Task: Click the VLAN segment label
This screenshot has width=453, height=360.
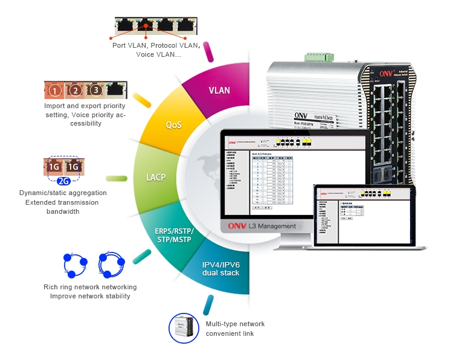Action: coord(219,91)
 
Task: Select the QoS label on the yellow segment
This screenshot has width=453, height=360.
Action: coord(173,125)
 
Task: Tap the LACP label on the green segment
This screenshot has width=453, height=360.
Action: coord(156,178)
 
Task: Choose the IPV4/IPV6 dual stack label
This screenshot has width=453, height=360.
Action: coord(220,269)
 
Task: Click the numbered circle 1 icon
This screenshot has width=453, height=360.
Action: coord(55,91)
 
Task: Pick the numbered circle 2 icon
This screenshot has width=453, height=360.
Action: coord(75,91)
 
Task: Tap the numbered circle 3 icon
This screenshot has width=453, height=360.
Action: coord(95,91)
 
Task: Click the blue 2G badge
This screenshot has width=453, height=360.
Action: coord(65,181)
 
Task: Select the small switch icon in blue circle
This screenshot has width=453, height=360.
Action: coord(184,328)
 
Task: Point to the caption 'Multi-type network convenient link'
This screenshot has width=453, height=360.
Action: coord(235,329)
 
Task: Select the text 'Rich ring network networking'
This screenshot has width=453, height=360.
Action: coord(90,287)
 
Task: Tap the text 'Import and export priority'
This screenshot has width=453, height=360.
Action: coord(85,106)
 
